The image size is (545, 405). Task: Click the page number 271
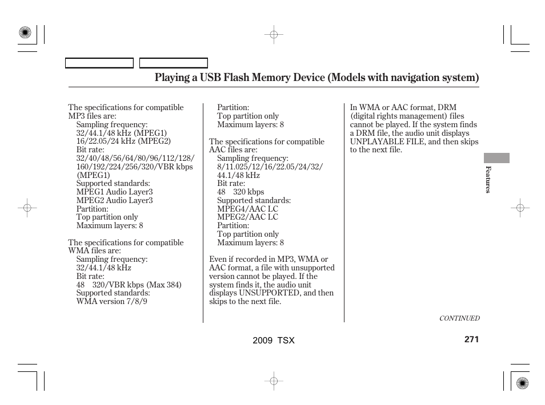[x=471, y=339]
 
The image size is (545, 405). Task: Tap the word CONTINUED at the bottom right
[x=459, y=319]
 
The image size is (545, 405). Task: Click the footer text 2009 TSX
[x=274, y=341]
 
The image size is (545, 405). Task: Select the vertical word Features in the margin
[x=488, y=179]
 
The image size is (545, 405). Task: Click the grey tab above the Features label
[x=496, y=158]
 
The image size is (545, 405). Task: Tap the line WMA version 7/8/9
[x=111, y=301]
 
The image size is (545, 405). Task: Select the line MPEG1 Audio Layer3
[x=114, y=192]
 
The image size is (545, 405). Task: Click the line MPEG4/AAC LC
[x=247, y=209]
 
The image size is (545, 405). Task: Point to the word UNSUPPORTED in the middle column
[x=269, y=293]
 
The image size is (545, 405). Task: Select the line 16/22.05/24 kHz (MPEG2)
[x=123, y=141]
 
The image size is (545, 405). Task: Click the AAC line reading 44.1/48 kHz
[x=238, y=175]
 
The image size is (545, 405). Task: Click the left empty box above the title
[x=99, y=63]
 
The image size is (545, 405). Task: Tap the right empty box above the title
[x=174, y=63]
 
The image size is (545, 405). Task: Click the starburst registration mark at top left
[x=25, y=33]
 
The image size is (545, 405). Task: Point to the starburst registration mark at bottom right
[x=522, y=383]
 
